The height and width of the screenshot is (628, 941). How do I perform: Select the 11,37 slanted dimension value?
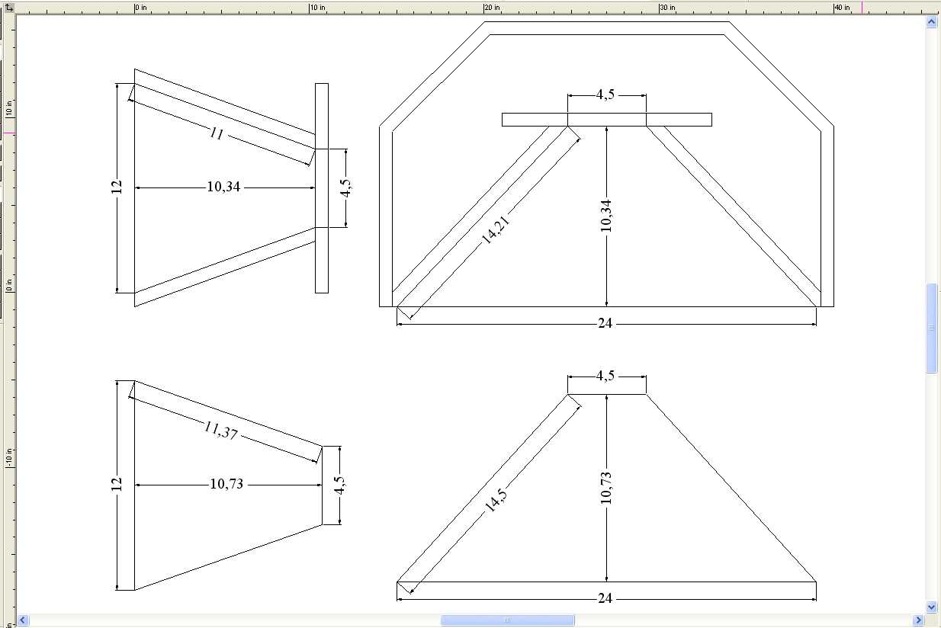pyautogui.click(x=221, y=430)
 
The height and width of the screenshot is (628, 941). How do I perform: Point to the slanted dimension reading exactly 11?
pyautogui.click(x=217, y=133)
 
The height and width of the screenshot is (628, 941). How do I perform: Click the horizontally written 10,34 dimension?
pyautogui.click(x=223, y=187)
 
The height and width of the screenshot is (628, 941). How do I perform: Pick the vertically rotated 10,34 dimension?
pyautogui.click(x=606, y=216)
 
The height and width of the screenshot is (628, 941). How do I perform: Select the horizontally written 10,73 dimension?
pyautogui.click(x=226, y=484)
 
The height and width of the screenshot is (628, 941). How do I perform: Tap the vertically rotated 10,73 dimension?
pyautogui.click(x=606, y=488)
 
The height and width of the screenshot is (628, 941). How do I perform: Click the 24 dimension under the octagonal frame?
pyautogui.click(x=605, y=323)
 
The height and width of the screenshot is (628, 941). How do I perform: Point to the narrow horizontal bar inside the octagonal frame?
pyautogui.click(x=606, y=120)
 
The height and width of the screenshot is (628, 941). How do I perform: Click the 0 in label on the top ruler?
pyautogui.click(x=141, y=8)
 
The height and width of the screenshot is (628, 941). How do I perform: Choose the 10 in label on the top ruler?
pyautogui.click(x=317, y=8)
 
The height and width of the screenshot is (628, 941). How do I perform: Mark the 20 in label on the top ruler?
pyautogui.click(x=492, y=8)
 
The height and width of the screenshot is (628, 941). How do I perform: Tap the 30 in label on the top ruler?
pyautogui.click(x=667, y=8)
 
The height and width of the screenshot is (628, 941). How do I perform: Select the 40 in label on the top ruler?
pyautogui.click(x=842, y=8)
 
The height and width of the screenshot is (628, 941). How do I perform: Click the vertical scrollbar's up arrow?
pyautogui.click(x=931, y=22)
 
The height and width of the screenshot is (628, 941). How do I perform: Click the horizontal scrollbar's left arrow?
pyautogui.click(x=23, y=620)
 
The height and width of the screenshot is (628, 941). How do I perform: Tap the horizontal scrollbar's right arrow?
pyautogui.click(x=919, y=620)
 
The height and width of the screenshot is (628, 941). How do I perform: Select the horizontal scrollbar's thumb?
pyautogui.click(x=507, y=620)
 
